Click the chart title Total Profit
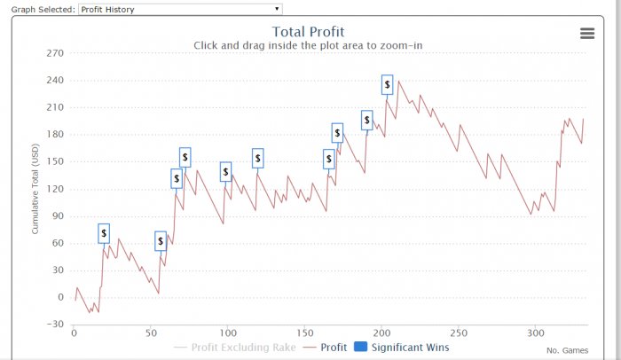(x=308, y=33)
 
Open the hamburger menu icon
(x=586, y=33)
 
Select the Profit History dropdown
(x=180, y=9)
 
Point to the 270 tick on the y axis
(x=55, y=53)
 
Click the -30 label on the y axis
(x=55, y=325)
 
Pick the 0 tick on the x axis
(x=74, y=333)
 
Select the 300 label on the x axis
(x=534, y=333)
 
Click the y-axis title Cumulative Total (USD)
(x=35, y=190)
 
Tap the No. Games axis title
(x=567, y=350)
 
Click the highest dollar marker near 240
(x=388, y=84)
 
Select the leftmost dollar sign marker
(x=104, y=233)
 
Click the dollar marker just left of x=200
(x=367, y=121)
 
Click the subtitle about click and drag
(x=307, y=46)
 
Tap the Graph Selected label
(x=37, y=9)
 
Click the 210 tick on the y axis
(x=55, y=107)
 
